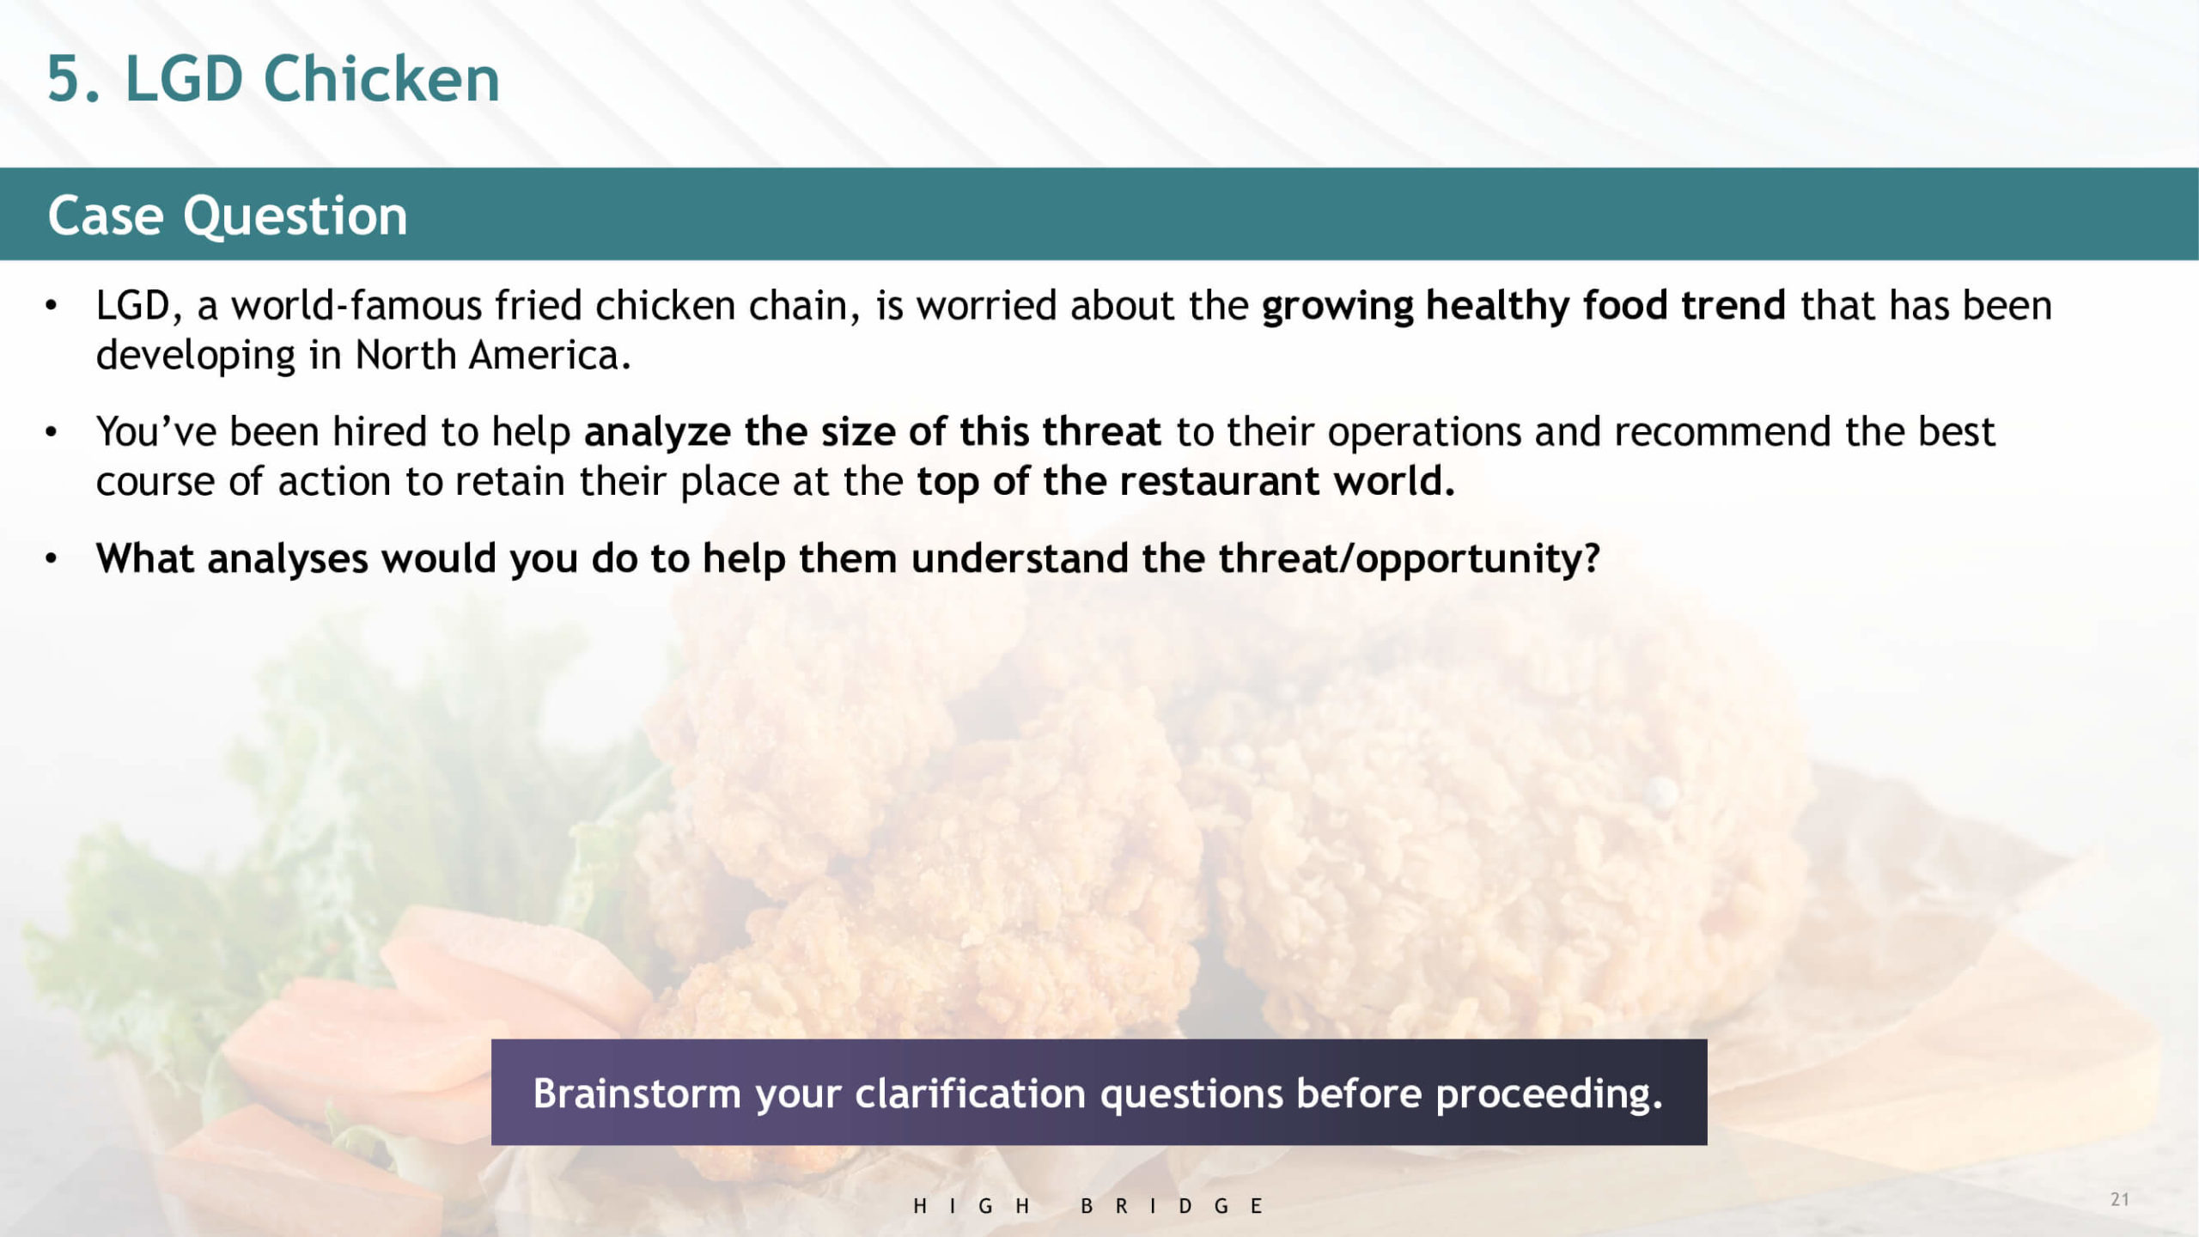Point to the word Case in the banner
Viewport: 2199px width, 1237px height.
pos(106,215)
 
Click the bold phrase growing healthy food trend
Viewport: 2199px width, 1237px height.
pos(1523,307)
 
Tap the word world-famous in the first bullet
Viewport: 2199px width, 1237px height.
pos(356,305)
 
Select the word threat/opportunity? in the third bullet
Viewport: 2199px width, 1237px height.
pos(1410,559)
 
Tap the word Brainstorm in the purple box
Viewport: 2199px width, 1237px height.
pos(637,1094)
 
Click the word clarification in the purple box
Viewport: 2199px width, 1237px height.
pos(970,1094)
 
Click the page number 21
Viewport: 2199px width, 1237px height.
pos(2120,1199)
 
